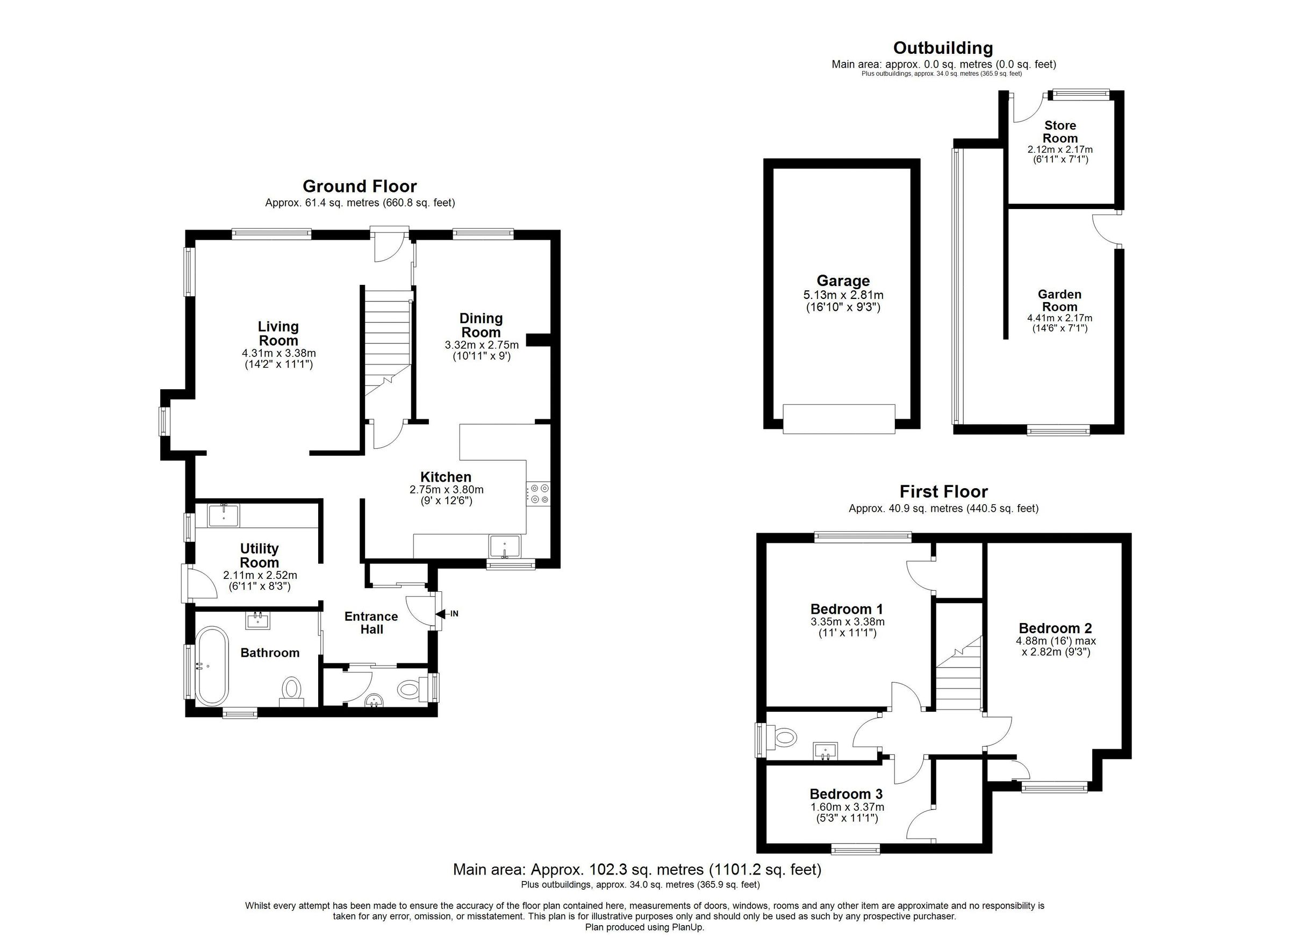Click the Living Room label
[277, 333]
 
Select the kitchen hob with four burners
[538, 493]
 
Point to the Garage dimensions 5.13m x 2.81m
[843, 295]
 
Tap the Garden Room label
[1059, 300]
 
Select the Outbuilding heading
[943, 48]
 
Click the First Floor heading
[943, 491]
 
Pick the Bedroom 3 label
[846, 793]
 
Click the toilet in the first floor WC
[784, 739]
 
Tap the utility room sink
[224, 515]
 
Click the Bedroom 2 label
[1055, 628]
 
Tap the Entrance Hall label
[371, 622]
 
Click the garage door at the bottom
[838, 419]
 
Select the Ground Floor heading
[360, 186]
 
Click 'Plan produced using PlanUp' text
[644, 927]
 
